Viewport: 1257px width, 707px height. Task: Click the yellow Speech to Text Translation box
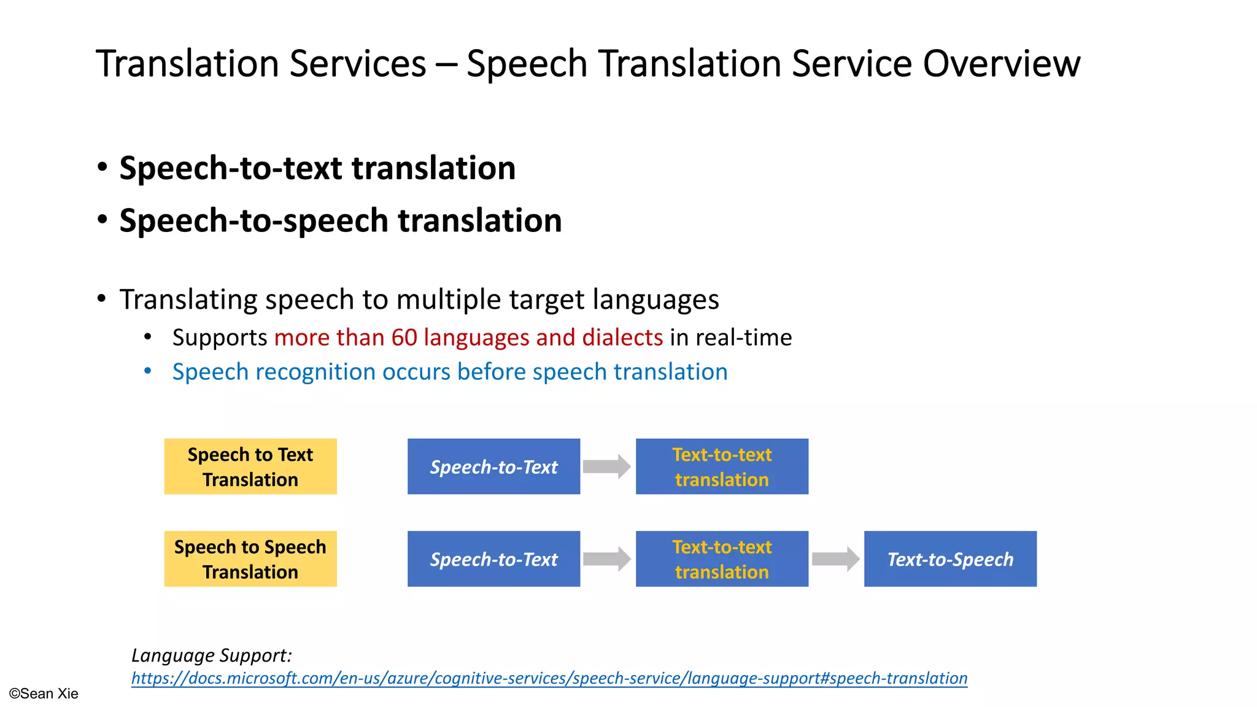pos(250,466)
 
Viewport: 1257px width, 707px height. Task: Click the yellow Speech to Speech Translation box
pos(250,559)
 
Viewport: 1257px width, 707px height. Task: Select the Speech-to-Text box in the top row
pos(493,466)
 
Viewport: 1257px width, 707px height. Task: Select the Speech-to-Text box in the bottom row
pos(493,559)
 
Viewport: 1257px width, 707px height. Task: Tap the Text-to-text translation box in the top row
pos(722,466)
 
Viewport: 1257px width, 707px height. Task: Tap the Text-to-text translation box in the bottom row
pos(722,559)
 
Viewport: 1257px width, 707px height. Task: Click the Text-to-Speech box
pos(950,559)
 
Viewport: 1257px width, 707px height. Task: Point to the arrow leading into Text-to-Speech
pos(835,559)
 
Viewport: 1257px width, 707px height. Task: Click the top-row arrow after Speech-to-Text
pos(606,466)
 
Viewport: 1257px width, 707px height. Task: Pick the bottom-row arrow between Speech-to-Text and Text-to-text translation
pos(606,559)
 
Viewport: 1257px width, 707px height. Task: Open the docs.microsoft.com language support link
pos(549,678)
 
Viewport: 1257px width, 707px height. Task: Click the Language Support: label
pos(211,655)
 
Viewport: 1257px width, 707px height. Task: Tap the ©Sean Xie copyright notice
pos(44,693)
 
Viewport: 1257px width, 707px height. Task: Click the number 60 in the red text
pos(404,338)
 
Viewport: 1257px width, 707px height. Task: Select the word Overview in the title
pos(1001,63)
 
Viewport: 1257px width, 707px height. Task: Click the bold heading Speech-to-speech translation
pos(341,220)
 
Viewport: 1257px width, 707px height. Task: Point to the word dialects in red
pos(622,338)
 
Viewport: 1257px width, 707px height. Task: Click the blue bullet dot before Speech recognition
pos(147,371)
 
